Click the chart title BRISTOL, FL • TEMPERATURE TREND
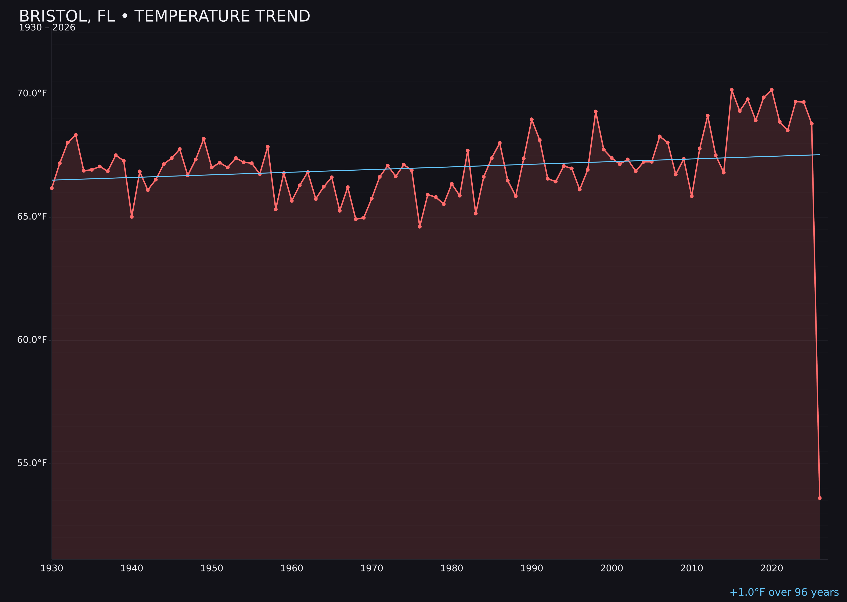(164, 16)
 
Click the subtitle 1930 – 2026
(47, 28)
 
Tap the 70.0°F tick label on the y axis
(32, 93)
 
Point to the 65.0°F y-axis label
(32, 217)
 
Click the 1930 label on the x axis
(52, 568)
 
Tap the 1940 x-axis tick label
(132, 568)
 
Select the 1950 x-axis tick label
(212, 568)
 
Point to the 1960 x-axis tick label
(292, 568)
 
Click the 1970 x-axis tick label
(372, 568)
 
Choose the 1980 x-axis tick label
(452, 568)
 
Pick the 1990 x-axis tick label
(532, 568)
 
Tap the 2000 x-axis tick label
(612, 568)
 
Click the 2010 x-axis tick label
(692, 568)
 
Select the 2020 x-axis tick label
(772, 568)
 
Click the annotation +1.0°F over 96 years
(784, 592)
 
